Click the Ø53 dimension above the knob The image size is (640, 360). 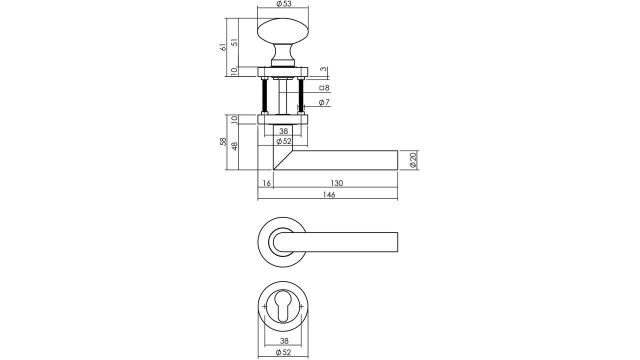pyautogui.click(x=283, y=4)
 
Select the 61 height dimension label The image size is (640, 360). pyautogui.click(x=223, y=47)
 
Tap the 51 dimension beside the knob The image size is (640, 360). pyautogui.click(x=233, y=42)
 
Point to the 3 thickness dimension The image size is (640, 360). pyautogui.click(x=324, y=69)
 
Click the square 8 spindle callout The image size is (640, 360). pyautogui.click(x=324, y=88)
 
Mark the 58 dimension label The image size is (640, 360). pyautogui.click(x=223, y=142)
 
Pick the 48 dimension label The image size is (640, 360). pyautogui.click(x=234, y=145)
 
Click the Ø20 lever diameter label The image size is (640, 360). pyautogui.click(x=412, y=160)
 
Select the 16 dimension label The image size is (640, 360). pyautogui.click(x=266, y=183)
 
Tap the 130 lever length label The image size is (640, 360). pyautogui.click(x=336, y=183)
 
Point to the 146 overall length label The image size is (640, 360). pyautogui.click(x=328, y=195)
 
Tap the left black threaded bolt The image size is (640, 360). pyautogui.click(x=264, y=96)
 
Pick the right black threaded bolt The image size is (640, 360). pyautogui.click(x=301, y=96)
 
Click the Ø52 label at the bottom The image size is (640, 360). pyautogui.click(x=283, y=352)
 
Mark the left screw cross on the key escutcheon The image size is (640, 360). pyautogui.click(x=264, y=306)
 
